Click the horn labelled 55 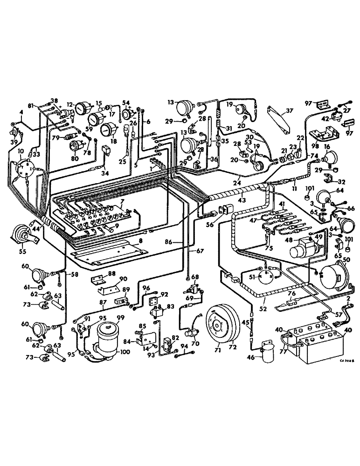21,234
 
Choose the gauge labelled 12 83,110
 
